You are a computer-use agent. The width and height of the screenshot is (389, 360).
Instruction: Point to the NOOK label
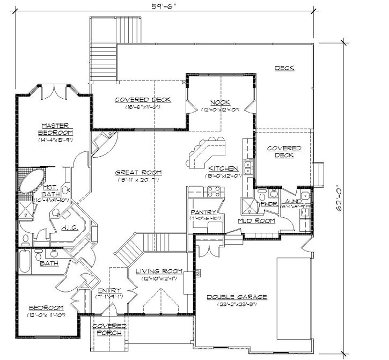pos(220,102)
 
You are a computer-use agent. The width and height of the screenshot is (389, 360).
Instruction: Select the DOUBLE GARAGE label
pos(237,297)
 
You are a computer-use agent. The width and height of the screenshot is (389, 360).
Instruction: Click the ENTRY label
pos(109,290)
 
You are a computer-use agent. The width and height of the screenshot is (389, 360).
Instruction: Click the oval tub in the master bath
pos(31,182)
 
